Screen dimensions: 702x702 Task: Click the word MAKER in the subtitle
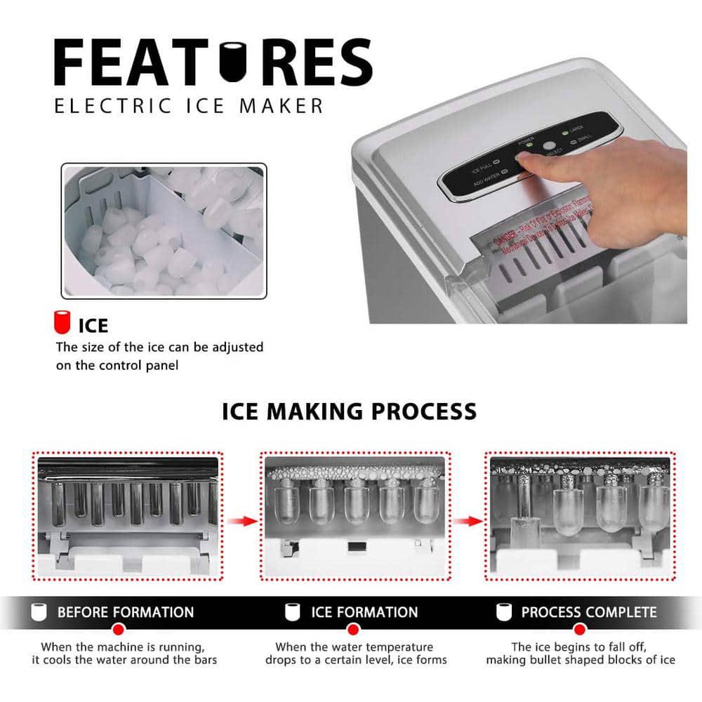[x=284, y=106]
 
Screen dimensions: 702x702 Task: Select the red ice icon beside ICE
[x=64, y=322]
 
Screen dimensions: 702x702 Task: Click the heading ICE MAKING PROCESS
[x=349, y=411]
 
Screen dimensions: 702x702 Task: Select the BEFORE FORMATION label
[x=125, y=612]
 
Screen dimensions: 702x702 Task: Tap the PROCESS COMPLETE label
[x=588, y=612]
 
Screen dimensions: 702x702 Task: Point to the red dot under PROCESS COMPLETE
[x=577, y=629]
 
